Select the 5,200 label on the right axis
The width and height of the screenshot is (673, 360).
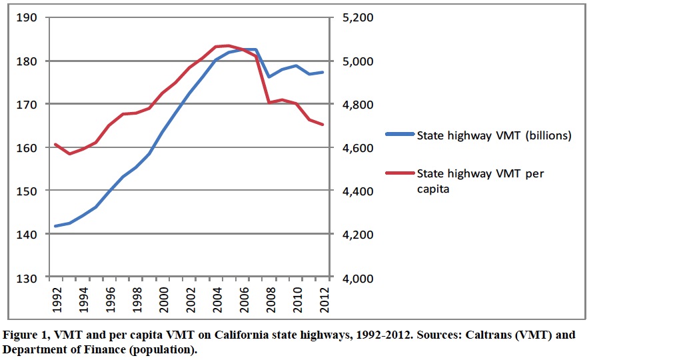(x=358, y=17)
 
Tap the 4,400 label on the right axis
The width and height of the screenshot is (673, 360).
(x=358, y=191)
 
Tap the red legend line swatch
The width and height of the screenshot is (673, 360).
(x=398, y=173)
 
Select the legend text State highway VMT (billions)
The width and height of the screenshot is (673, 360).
(x=494, y=136)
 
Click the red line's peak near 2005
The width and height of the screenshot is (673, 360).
(x=229, y=46)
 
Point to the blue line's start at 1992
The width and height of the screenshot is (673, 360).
(x=55, y=226)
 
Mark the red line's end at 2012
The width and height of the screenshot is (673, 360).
(x=323, y=125)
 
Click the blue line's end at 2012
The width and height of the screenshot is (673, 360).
(x=323, y=72)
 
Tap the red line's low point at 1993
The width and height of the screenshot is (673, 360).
(x=69, y=154)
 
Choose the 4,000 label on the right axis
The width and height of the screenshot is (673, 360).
(x=358, y=278)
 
